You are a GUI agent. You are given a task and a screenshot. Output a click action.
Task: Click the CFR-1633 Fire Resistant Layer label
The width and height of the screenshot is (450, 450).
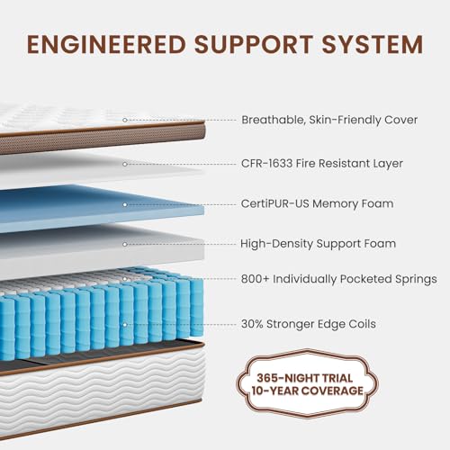click(321, 164)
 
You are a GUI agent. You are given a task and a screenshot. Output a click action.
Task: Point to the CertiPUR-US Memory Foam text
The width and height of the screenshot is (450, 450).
click(317, 204)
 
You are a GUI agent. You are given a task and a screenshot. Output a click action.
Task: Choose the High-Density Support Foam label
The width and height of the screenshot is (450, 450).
click(318, 244)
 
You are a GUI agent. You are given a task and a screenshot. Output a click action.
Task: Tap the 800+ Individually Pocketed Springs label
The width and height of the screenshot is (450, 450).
click(338, 280)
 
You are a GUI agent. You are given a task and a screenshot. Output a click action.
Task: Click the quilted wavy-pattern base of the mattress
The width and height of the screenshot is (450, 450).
click(81, 396)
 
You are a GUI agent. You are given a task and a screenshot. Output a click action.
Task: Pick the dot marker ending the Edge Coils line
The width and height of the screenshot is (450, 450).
click(124, 323)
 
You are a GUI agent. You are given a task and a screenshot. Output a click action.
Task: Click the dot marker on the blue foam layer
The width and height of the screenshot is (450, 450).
click(124, 204)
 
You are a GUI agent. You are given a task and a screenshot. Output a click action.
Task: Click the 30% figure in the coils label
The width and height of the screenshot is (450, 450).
click(253, 323)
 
